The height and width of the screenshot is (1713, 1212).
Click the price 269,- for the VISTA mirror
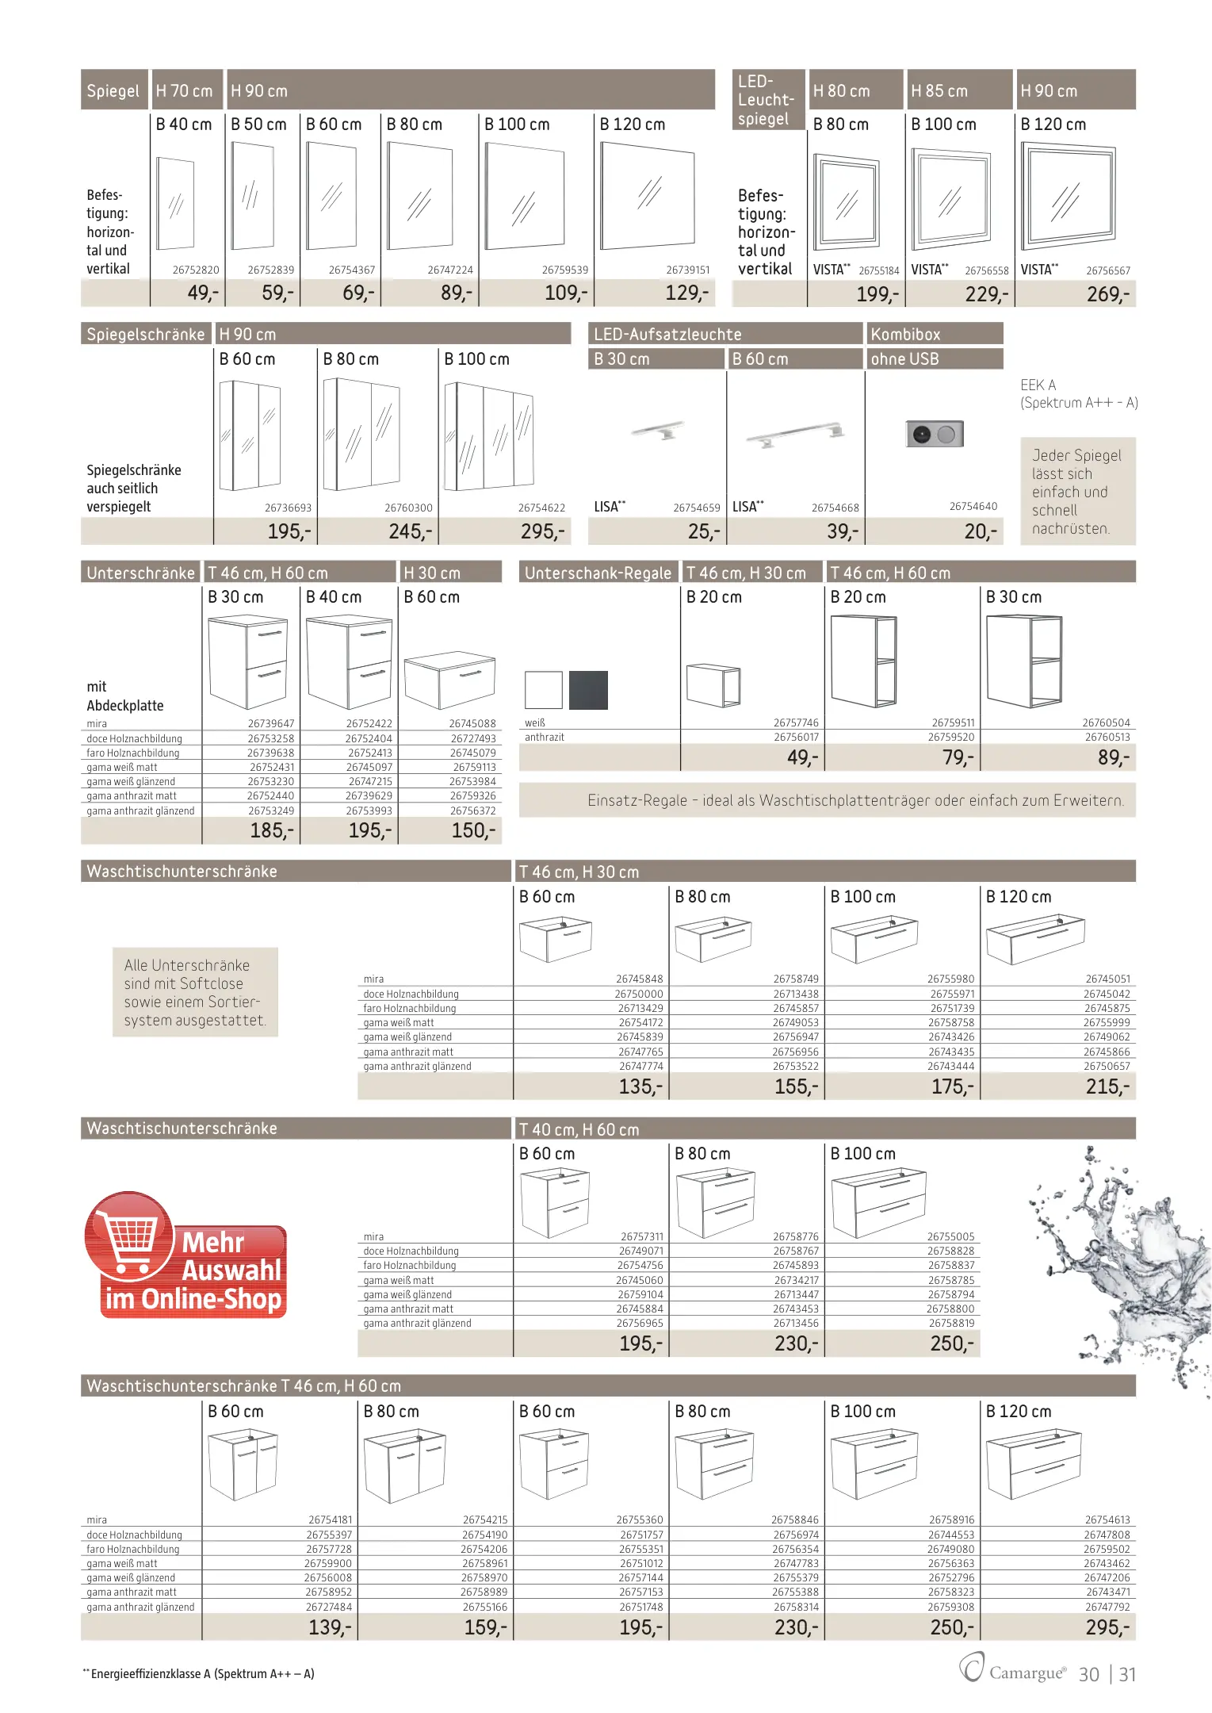point(1107,294)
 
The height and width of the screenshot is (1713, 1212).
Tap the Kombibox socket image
point(935,434)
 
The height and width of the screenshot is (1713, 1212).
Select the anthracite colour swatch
point(588,689)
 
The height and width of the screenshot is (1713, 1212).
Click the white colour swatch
point(543,689)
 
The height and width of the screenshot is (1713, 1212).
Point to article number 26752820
point(196,270)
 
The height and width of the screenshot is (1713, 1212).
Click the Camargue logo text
point(1027,1673)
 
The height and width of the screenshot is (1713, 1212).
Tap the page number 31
point(1127,1674)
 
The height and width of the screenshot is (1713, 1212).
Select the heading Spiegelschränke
point(146,335)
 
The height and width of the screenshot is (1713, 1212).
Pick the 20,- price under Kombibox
point(981,531)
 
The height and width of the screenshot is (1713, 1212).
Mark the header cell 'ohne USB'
point(904,359)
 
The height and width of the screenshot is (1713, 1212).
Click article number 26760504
point(1106,722)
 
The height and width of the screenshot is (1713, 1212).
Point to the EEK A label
point(1038,385)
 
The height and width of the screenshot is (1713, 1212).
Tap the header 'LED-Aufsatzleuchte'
point(667,335)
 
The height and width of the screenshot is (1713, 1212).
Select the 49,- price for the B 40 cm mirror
point(203,293)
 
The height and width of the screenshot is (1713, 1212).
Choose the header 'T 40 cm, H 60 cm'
point(579,1129)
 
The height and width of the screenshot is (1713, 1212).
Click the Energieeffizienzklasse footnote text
point(202,1673)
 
